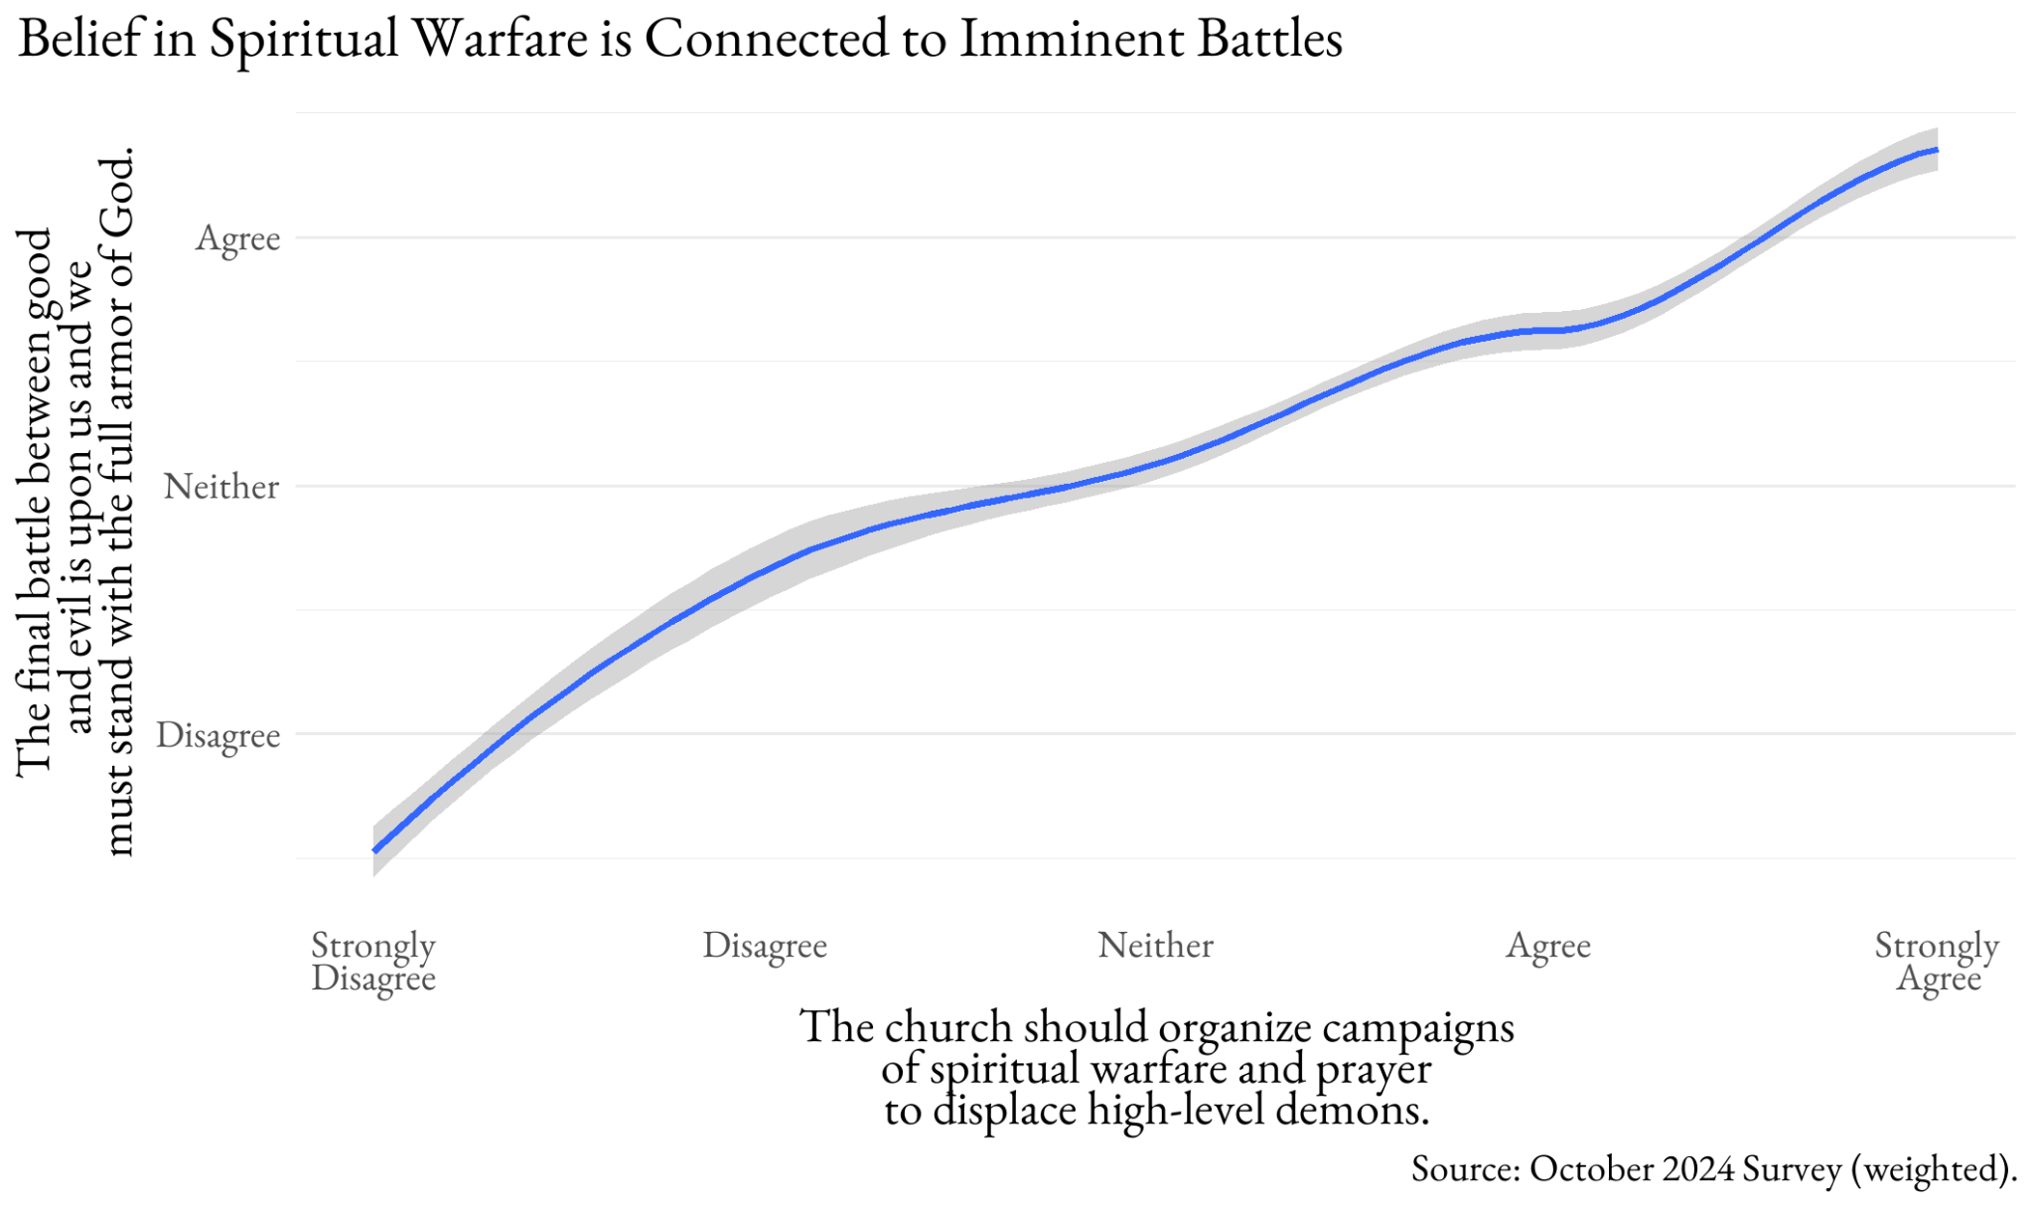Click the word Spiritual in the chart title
point(302,40)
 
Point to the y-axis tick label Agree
point(238,238)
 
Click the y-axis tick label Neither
point(221,487)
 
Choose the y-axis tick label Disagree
point(218,735)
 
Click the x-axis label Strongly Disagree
point(373,961)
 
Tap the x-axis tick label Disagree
point(765,945)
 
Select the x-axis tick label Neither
point(1155,945)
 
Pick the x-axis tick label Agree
point(1548,945)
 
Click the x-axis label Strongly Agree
point(1937,961)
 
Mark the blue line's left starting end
point(375,850)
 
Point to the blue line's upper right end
point(1936,150)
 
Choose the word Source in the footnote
point(1465,1168)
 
